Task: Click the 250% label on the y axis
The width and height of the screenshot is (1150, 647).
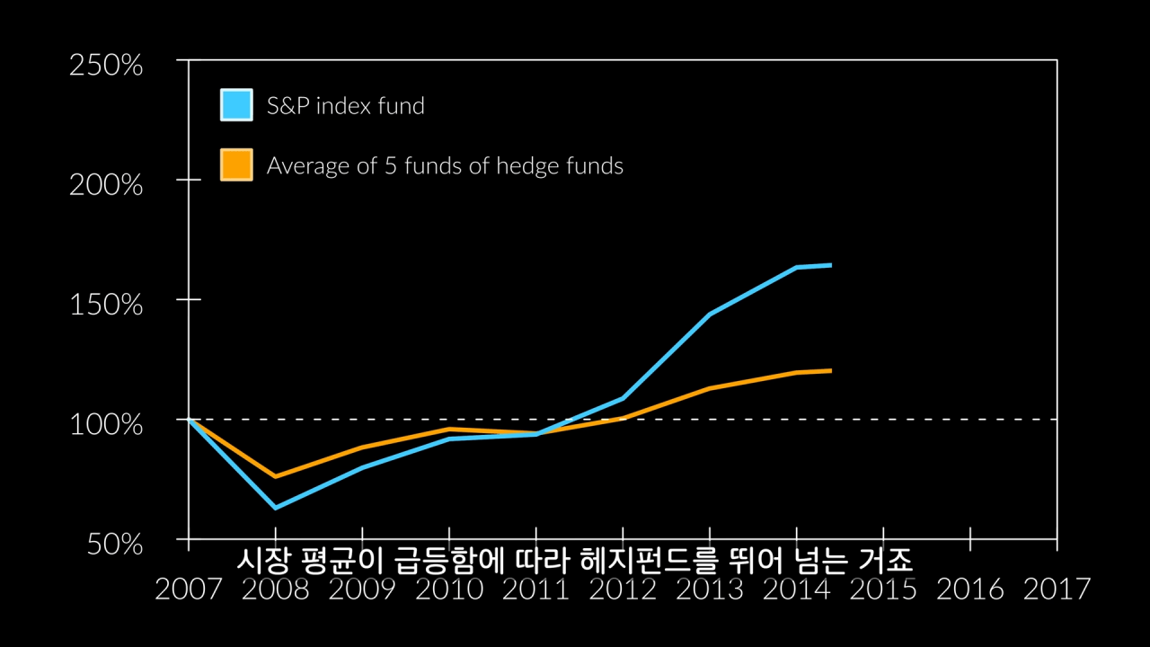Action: click(x=106, y=66)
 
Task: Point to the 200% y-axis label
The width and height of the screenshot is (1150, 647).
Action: click(x=106, y=185)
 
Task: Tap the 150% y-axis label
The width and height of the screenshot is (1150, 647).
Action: click(x=106, y=305)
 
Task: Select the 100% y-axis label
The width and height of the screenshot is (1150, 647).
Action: click(x=106, y=423)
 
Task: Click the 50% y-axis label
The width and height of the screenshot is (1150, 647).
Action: click(x=111, y=544)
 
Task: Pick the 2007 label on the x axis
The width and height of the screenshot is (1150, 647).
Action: click(x=189, y=589)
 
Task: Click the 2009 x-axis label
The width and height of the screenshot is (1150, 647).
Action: click(x=362, y=589)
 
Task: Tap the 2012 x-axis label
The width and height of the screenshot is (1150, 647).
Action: click(x=623, y=589)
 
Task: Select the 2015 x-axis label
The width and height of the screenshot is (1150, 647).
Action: click(x=883, y=589)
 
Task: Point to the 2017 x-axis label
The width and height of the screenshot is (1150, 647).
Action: click(x=1057, y=589)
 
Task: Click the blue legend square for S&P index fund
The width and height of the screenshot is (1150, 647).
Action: click(x=236, y=104)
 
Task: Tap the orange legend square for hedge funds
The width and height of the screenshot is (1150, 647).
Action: click(x=236, y=165)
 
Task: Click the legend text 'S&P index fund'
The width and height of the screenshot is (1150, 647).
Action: click(x=346, y=106)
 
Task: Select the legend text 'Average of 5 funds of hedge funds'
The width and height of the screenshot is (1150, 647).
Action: click(x=445, y=166)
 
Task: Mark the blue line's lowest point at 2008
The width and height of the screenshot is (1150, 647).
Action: click(x=275, y=508)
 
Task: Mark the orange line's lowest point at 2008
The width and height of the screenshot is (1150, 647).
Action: click(x=275, y=476)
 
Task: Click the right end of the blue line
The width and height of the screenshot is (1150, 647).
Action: click(x=830, y=265)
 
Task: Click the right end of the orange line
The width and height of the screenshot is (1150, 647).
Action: click(x=830, y=370)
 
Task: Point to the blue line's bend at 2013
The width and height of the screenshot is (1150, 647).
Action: click(x=710, y=315)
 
